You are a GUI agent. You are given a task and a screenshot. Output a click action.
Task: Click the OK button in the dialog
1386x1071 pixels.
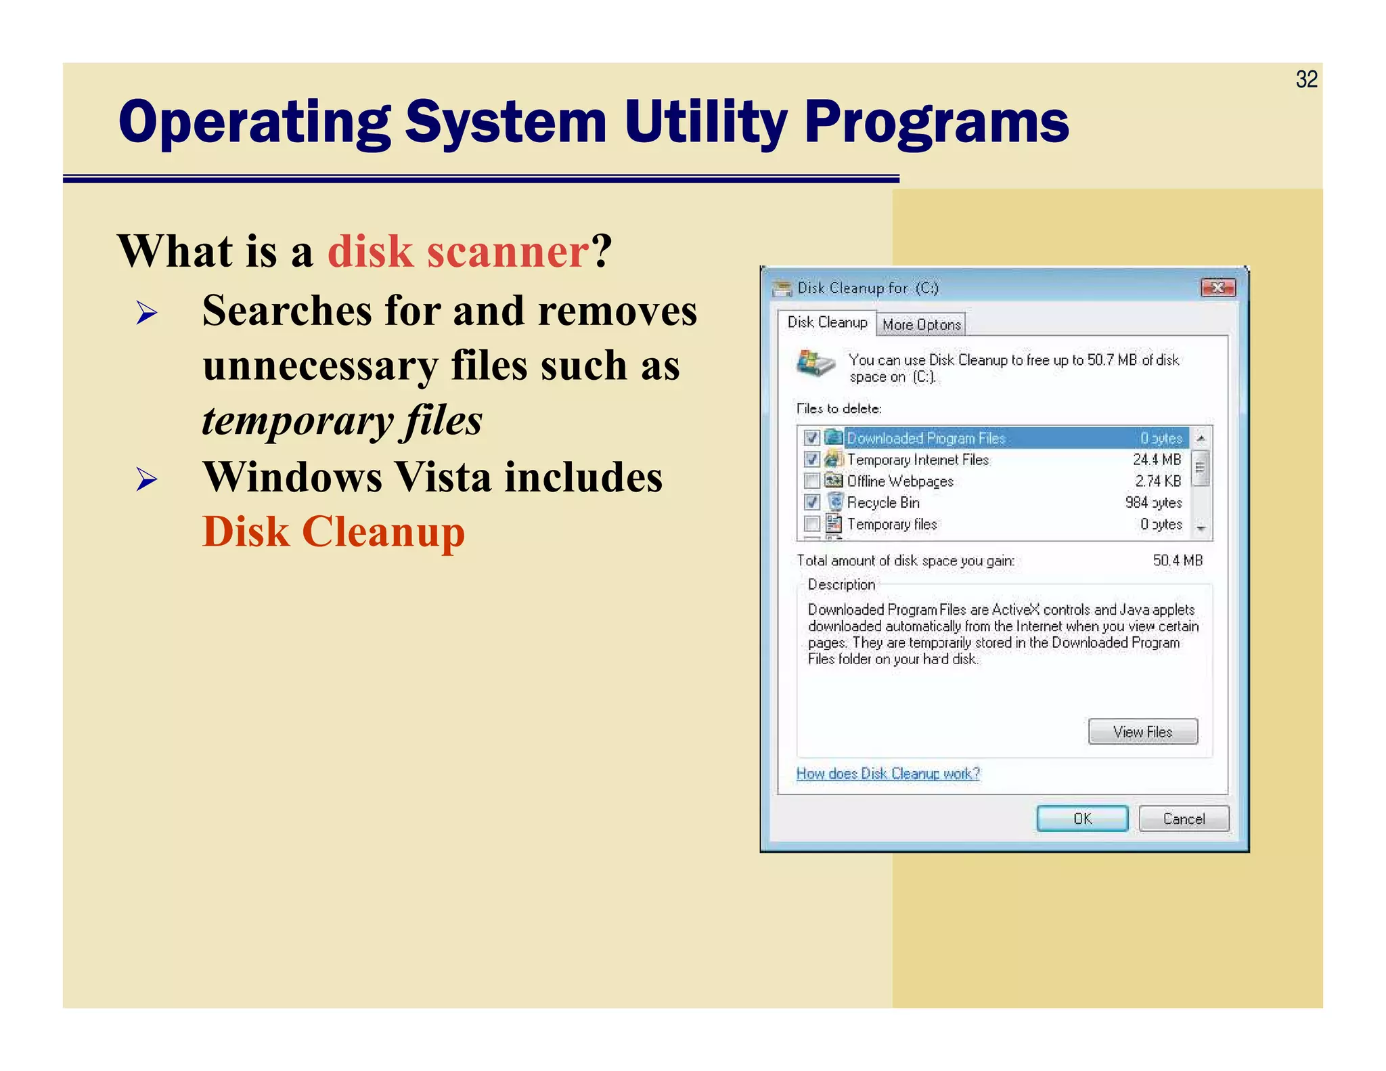coord(1081,818)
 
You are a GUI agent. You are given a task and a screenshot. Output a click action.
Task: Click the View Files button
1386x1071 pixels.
coord(1142,732)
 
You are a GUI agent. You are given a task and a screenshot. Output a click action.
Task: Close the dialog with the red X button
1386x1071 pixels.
coord(1217,288)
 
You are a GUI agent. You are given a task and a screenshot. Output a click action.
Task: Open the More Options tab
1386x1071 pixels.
coord(921,325)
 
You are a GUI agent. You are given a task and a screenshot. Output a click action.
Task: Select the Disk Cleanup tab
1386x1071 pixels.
coord(827,323)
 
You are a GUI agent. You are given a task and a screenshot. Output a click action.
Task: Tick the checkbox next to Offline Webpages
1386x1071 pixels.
coord(812,481)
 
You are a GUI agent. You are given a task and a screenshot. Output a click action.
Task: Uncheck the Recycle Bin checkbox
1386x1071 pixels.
coord(812,502)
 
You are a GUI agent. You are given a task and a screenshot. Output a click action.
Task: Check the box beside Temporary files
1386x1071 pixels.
coord(812,524)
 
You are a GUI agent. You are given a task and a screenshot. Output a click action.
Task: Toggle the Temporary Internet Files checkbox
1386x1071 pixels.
coord(812,460)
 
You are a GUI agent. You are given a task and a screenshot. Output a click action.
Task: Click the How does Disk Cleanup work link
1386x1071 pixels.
coord(888,773)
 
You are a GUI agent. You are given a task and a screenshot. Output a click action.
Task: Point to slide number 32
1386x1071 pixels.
coord(1306,79)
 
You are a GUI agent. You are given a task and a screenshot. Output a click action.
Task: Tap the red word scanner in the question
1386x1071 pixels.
coord(508,251)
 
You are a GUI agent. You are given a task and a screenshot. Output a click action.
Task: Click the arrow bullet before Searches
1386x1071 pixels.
coord(146,313)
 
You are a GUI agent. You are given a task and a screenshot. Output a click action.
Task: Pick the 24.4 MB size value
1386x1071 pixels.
coord(1157,460)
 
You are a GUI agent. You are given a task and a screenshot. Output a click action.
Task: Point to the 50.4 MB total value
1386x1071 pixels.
coord(1178,561)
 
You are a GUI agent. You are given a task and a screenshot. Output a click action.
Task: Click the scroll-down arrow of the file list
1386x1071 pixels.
coord(1201,528)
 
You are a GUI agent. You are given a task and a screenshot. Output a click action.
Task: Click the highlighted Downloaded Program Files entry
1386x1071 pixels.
coord(926,439)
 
